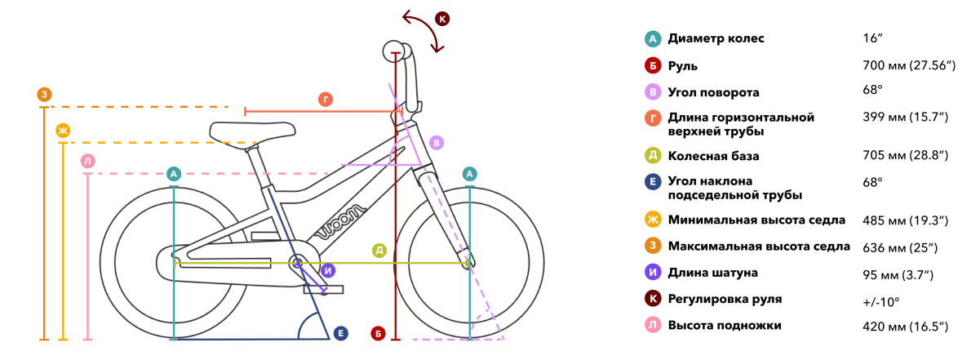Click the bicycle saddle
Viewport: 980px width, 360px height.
coord(252,131)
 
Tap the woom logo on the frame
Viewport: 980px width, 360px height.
coord(341,221)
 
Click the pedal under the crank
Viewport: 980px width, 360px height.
coord(324,290)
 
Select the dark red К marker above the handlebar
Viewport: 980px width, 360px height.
coord(442,19)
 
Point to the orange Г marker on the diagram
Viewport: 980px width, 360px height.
coord(325,100)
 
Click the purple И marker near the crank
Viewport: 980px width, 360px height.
coord(328,270)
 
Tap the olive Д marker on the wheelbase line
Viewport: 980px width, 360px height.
coord(379,251)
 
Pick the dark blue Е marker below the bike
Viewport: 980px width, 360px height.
coord(341,333)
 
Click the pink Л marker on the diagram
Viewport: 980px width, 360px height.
coord(88,161)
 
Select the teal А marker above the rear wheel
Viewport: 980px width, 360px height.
coord(174,174)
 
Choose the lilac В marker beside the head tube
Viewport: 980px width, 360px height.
coord(437,143)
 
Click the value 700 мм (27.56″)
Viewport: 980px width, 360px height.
coord(909,65)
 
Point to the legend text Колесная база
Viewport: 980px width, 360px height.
coord(713,156)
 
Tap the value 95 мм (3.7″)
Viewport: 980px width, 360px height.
coord(898,275)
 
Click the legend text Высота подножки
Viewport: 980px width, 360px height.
coord(725,326)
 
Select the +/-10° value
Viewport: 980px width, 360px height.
coord(880,302)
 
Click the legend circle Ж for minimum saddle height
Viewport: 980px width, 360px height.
coord(653,219)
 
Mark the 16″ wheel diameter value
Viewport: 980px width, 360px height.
coord(872,38)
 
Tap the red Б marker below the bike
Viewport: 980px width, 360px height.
coord(378,333)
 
